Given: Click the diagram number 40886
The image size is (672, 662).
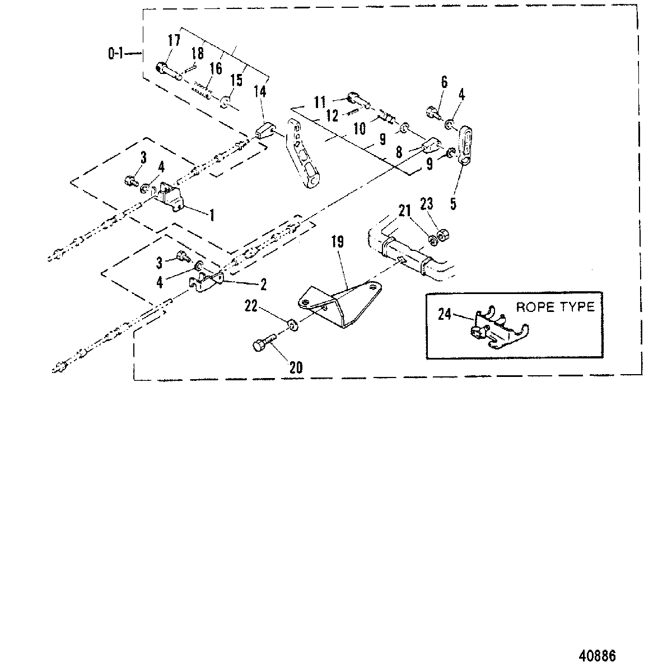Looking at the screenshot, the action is (598, 645).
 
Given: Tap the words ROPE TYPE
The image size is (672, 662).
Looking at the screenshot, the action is (555, 307).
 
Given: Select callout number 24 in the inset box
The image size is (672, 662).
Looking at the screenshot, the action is (444, 314).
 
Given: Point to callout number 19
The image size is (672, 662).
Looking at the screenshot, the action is (338, 241).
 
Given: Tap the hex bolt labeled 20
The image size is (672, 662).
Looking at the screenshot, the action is (264, 342).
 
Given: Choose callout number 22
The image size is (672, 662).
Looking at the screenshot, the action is (251, 306).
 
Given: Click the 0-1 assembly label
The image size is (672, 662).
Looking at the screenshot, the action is (115, 54).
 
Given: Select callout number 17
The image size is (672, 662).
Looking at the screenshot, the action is (174, 40).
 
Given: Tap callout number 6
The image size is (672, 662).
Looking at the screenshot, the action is (444, 82).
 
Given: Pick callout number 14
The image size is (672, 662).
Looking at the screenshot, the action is (260, 91).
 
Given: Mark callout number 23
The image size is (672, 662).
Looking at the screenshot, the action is (427, 204).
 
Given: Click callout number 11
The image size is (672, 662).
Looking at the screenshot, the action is (320, 102).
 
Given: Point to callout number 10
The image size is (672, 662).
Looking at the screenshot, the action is (360, 128).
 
